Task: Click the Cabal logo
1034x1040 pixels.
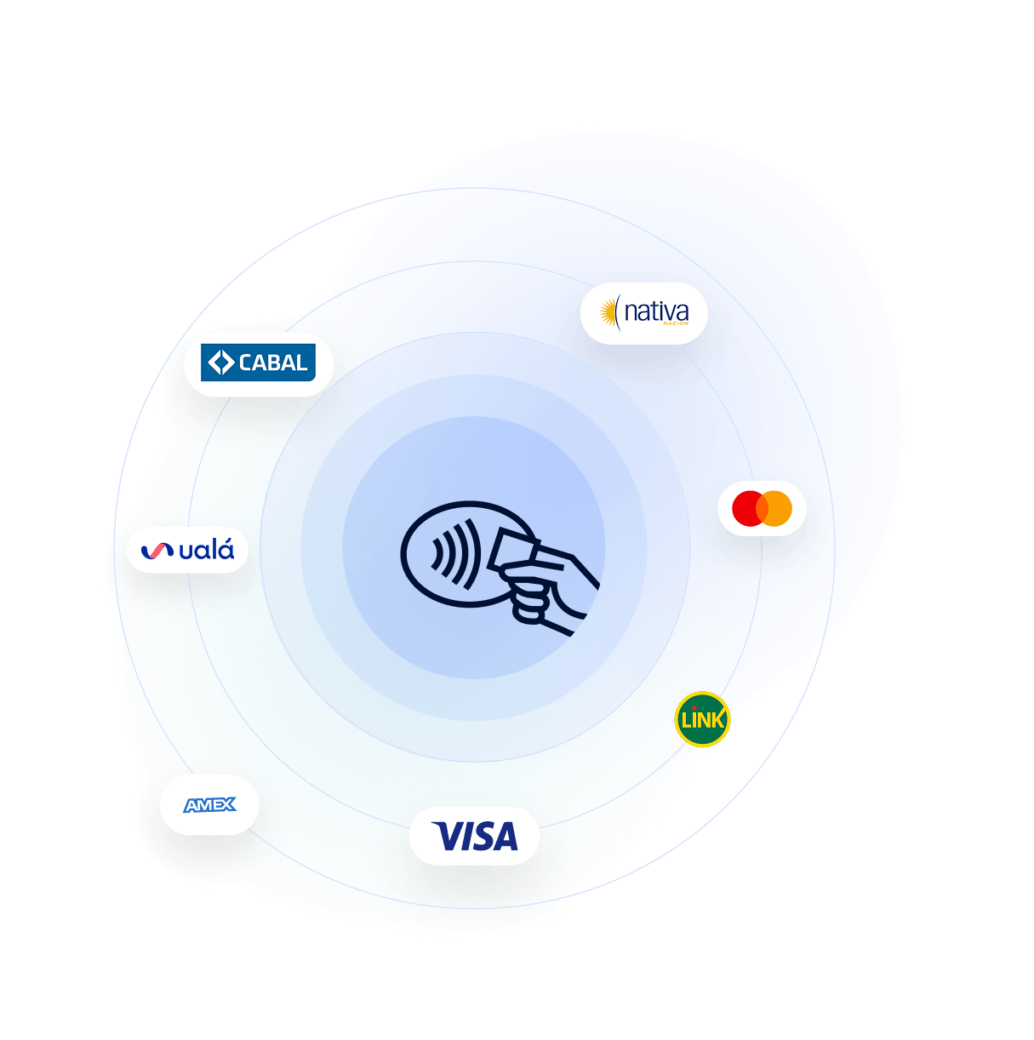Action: [258, 363]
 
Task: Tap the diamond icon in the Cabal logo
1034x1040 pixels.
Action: [220, 363]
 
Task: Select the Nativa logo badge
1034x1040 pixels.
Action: [643, 313]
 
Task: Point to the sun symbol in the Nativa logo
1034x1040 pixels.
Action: [608, 312]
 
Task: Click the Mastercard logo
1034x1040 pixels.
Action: [762, 508]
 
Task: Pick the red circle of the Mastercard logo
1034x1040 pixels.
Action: [748, 508]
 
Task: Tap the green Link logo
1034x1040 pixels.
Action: [702, 719]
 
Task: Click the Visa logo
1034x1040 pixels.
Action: [475, 836]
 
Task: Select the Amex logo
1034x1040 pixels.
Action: [209, 805]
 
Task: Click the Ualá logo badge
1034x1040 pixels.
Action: [187, 550]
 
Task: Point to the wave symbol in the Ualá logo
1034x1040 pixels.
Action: [157, 551]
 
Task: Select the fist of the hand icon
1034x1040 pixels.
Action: [529, 593]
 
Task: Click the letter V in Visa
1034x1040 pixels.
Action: [447, 836]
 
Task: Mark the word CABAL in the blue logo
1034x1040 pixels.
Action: [273, 363]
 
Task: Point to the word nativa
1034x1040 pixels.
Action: [656, 312]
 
